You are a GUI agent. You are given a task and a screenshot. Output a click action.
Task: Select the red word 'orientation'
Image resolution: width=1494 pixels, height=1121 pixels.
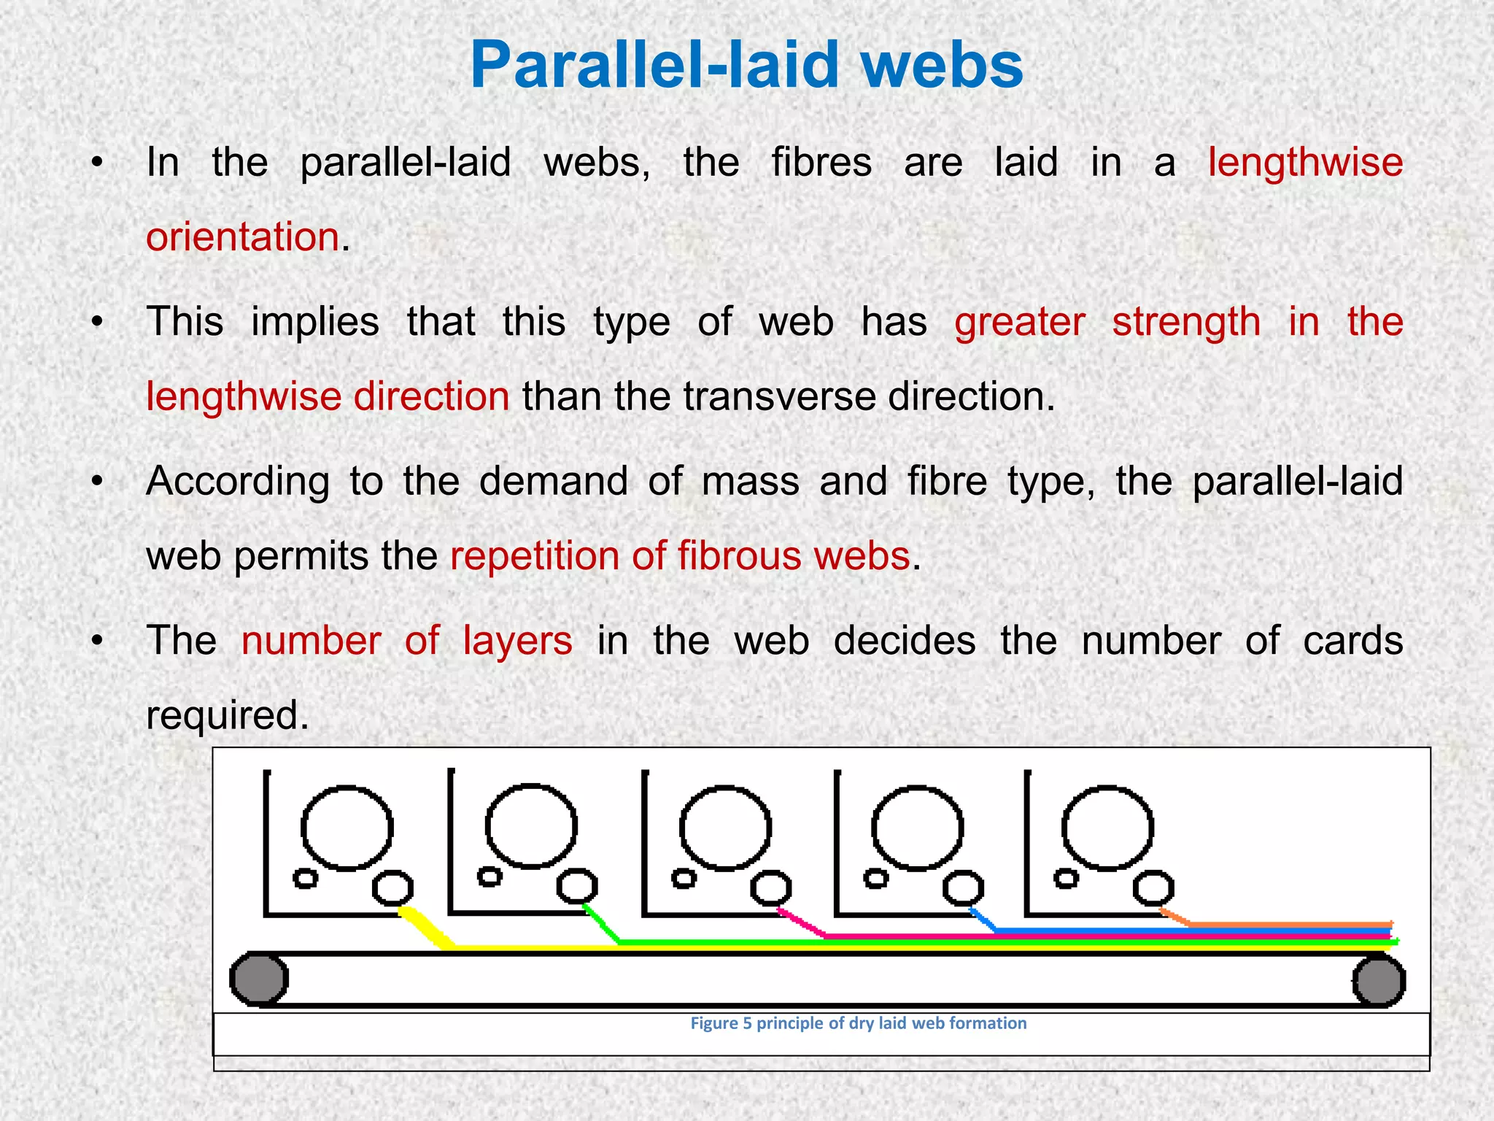click(242, 237)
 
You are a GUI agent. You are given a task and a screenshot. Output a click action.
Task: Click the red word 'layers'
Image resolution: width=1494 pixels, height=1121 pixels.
click(517, 641)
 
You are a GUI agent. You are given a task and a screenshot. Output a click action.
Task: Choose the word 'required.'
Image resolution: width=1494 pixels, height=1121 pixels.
click(228, 714)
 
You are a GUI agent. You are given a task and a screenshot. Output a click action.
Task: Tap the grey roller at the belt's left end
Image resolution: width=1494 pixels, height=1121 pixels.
click(259, 979)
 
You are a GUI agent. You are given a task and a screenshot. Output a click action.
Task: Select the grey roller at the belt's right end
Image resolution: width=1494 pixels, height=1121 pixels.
click(1378, 981)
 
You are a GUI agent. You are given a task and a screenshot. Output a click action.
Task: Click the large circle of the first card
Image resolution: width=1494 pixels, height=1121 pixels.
click(347, 828)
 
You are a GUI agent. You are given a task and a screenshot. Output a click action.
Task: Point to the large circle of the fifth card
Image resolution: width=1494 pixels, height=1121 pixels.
click(1107, 828)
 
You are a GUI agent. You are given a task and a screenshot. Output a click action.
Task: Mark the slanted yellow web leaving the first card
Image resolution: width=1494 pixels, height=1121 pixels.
click(426, 928)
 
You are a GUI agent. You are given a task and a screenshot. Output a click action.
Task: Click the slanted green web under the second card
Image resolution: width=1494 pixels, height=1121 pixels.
click(603, 924)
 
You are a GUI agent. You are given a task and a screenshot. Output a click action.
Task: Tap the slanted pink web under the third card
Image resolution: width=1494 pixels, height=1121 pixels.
click(801, 923)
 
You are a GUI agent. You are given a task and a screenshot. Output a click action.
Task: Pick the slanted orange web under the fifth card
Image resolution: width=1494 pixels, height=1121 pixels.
click(1174, 917)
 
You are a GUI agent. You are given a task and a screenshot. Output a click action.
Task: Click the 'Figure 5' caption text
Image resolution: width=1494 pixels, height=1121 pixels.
click(858, 1023)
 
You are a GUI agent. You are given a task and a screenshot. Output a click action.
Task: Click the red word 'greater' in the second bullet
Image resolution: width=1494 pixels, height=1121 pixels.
click(1020, 322)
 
